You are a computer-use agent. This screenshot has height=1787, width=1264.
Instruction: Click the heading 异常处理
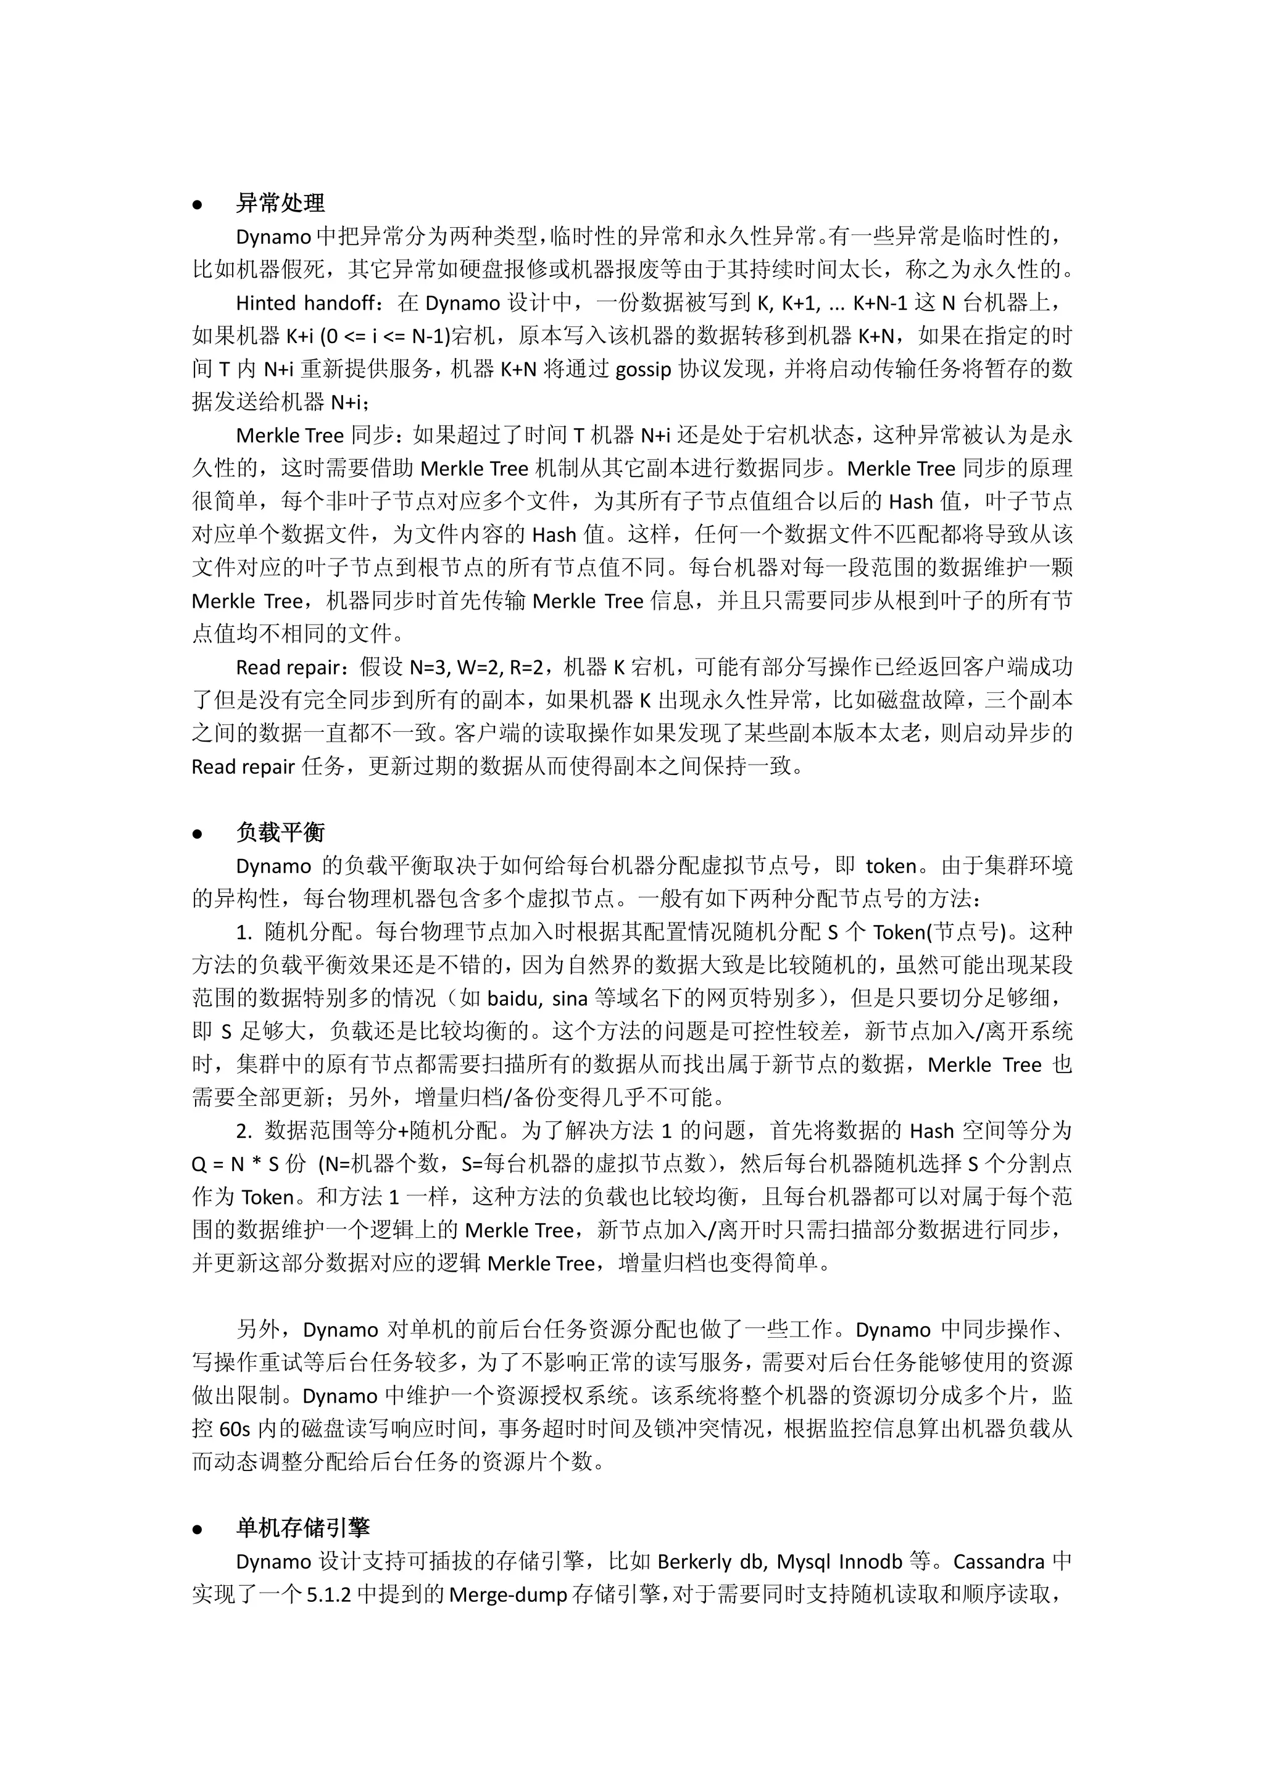(280, 204)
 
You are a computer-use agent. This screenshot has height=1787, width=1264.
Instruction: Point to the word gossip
(643, 369)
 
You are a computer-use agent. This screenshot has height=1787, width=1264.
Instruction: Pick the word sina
(570, 998)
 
